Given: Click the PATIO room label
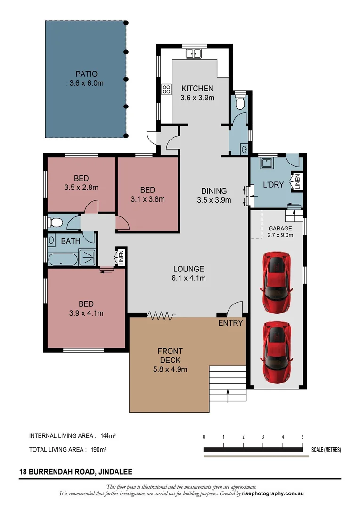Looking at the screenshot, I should pyautogui.click(x=86, y=78).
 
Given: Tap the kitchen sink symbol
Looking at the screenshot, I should pyautogui.click(x=194, y=54).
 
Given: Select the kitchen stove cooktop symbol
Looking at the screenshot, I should pyautogui.click(x=166, y=89).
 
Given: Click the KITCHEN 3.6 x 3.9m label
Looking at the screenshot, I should pyautogui.click(x=197, y=93).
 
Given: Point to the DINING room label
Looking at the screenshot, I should pyautogui.click(x=214, y=195).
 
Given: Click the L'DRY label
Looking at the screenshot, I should pyautogui.click(x=273, y=184).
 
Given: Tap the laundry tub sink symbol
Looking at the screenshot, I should pyautogui.click(x=268, y=163).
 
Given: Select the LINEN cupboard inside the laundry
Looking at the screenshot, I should pyautogui.click(x=297, y=182).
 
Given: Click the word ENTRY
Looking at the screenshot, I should pyautogui.click(x=230, y=323).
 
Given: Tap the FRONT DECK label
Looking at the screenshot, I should pyautogui.click(x=170, y=360).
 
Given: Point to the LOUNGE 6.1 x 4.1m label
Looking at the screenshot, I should pyautogui.click(x=188, y=273).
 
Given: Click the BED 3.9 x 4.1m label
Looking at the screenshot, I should pyautogui.click(x=86, y=308).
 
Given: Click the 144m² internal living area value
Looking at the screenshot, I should pyautogui.click(x=108, y=436).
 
